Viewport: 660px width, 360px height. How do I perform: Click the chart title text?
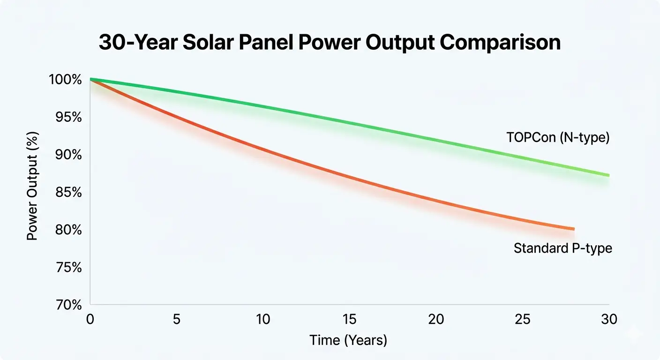click(x=330, y=43)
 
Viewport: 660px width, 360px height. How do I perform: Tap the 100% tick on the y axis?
click(x=65, y=80)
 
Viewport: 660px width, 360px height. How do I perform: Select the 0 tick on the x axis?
click(x=90, y=320)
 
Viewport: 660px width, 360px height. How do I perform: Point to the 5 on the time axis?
click(x=177, y=320)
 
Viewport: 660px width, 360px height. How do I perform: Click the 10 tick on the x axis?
click(x=263, y=320)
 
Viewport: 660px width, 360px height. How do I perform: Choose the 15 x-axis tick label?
click(x=350, y=320)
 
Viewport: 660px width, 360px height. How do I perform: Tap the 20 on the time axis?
click(x=436, y=320)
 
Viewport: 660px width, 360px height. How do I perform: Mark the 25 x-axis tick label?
click(x=523, y=320)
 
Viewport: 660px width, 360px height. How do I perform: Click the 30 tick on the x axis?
click(x=609, y=320)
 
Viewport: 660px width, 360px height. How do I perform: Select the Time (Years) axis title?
click(x=348, y=340)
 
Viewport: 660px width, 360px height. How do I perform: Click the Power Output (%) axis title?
click(x=32, y=192)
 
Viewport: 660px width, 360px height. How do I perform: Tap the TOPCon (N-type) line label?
click(x=558, y=138)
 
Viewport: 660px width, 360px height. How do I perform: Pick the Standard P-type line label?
click(x=563, y=248)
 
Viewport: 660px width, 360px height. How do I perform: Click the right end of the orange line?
click(x=573, y=229)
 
